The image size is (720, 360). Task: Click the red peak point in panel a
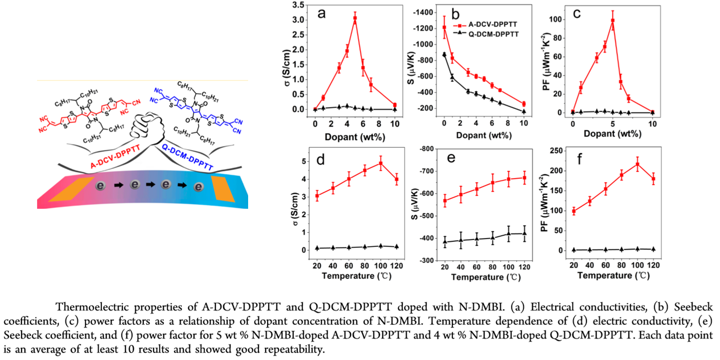click(355, 18)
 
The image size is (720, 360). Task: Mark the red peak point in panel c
click(613, 20)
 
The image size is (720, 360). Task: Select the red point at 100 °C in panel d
click(381, 163)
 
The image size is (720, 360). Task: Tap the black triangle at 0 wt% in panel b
click(444, 55)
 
